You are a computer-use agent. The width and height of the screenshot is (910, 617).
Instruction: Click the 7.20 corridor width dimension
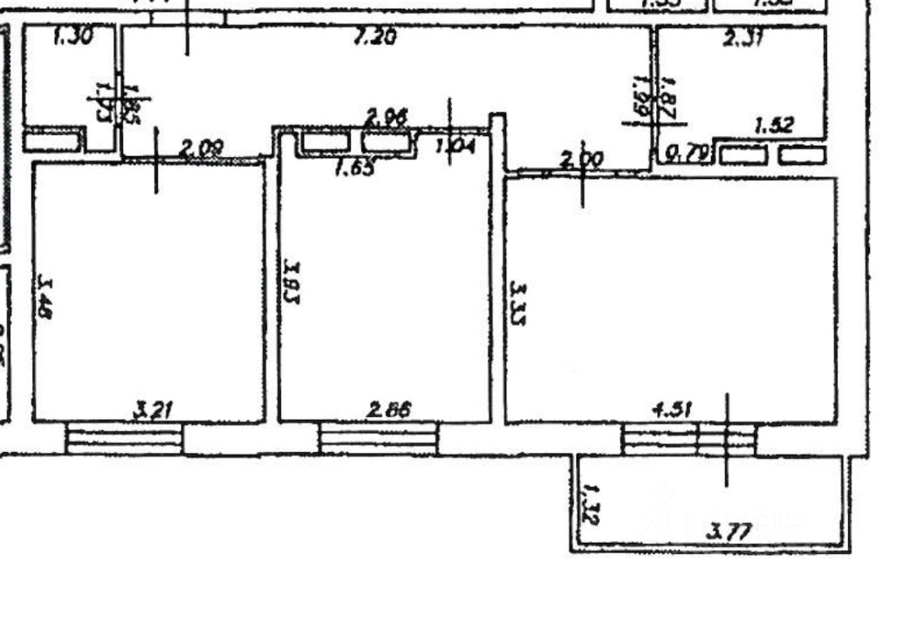point(376,38)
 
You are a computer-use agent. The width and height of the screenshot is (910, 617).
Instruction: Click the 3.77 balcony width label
point(730,530)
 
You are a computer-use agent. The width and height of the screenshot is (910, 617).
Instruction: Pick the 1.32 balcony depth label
point(591,504)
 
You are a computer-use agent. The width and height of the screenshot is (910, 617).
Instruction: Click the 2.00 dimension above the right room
point(580,160)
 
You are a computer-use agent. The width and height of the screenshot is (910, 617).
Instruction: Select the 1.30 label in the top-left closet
point(72,38)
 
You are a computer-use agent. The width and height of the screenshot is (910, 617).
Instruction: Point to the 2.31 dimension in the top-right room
point(743,38)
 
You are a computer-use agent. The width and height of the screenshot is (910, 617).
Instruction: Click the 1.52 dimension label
point(773,126)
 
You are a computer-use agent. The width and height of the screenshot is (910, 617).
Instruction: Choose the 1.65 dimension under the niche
point(355,167)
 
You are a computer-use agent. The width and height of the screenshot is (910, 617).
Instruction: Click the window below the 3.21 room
point(125,437)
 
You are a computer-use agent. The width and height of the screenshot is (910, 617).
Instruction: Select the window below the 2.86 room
point(378,437)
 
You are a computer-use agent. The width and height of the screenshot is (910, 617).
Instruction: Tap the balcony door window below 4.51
point(689,438)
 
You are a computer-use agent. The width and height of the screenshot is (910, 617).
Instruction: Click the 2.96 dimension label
point(387,117)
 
